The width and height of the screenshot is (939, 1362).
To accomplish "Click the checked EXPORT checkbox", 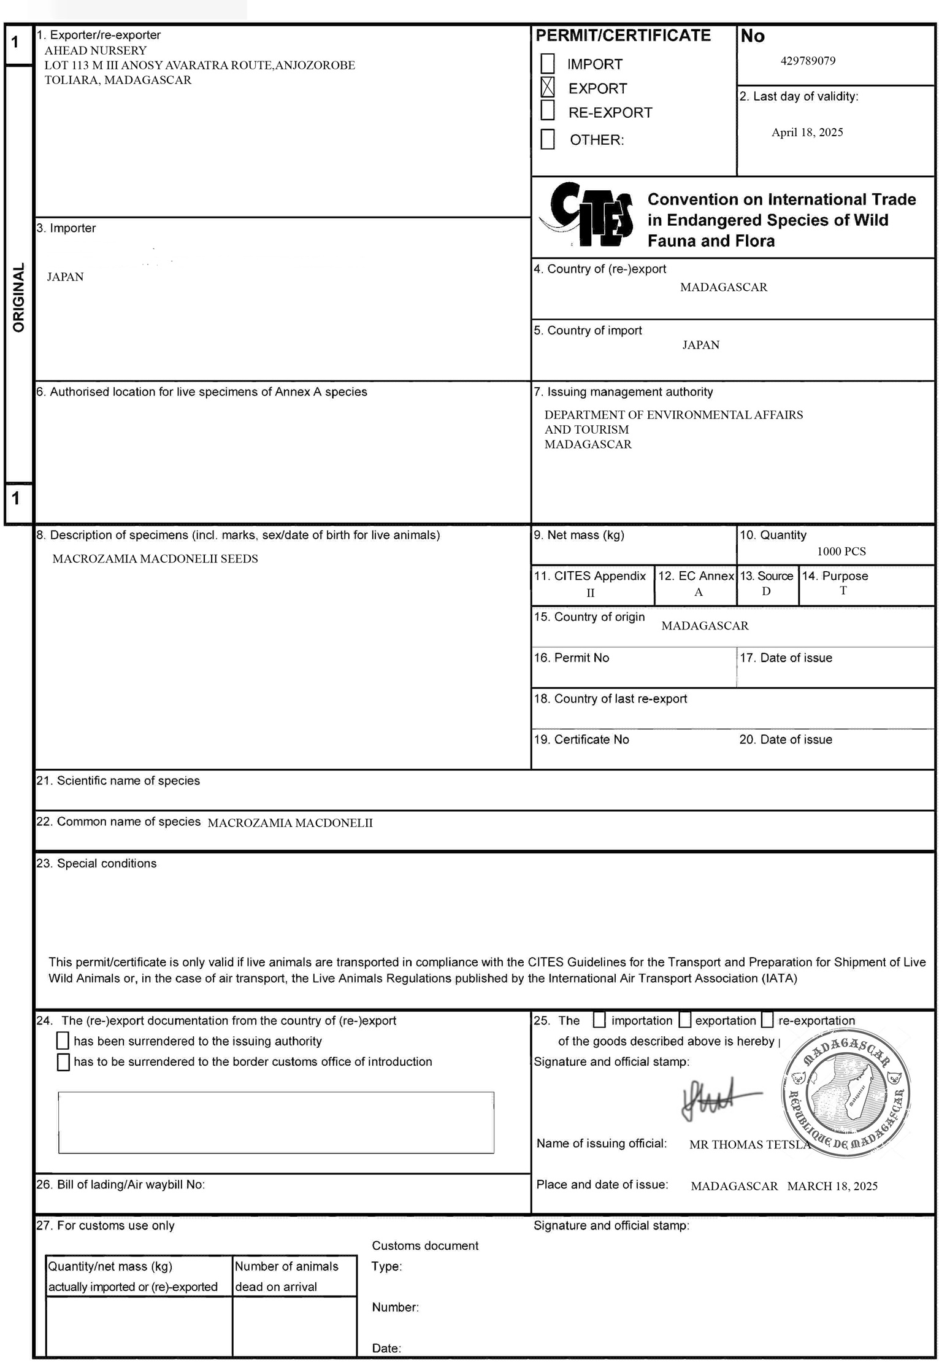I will pos(547,87).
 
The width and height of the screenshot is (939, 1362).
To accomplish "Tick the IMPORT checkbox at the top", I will pos(547,63).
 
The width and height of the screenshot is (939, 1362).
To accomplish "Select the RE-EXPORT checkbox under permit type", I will pos(547,111).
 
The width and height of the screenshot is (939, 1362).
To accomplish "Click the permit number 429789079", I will pos(808,61).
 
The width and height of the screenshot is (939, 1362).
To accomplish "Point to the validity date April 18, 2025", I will pos(807,133).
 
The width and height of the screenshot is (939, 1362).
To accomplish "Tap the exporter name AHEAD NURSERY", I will pos(96,50).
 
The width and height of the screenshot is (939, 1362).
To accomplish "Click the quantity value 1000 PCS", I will pos(841,552).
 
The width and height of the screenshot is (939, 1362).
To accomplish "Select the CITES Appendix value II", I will pos(590,593).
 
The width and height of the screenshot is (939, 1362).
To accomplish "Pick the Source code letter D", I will pos(766,591).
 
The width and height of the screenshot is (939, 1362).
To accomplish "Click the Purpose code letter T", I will pos(843,591).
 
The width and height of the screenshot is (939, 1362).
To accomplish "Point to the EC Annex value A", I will pos(698,592).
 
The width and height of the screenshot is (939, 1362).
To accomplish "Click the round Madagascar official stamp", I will pos(846,1094).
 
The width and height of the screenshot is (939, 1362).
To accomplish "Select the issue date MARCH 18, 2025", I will pos(832,1186).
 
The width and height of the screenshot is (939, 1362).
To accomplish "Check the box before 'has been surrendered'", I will pos(63,1041).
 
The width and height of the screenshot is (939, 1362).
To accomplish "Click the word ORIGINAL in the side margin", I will pos(19,298).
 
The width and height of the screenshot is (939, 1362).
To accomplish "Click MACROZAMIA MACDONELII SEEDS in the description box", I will pos(155,559).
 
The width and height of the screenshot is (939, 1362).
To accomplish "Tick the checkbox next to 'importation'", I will pos(599,1020).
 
